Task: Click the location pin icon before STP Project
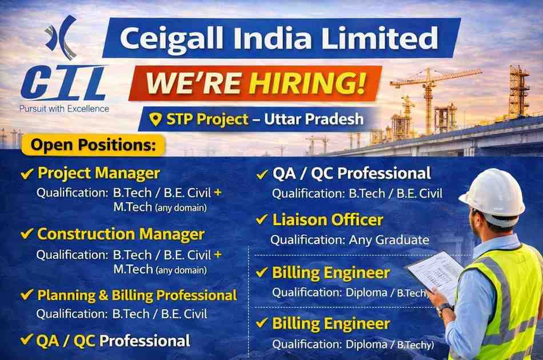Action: click(x=154, y=119)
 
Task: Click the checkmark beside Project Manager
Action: click(x=26, y=173)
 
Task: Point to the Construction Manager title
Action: click(x=121, y=234)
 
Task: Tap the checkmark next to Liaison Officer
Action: click(x=262, y=219)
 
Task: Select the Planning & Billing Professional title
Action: click(x=137, y=295)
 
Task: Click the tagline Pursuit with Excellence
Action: click(x=64, y=108)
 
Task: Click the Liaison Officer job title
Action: click(x=328, y=219)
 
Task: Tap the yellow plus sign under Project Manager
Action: click(x=218, y=193)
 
